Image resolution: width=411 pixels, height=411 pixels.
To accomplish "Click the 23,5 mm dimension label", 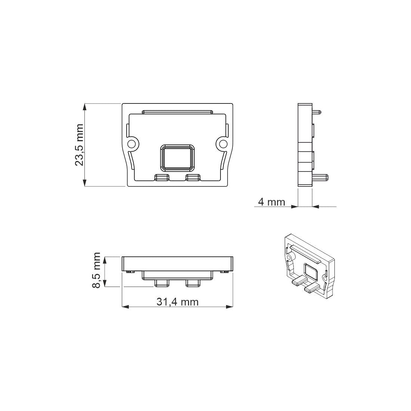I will click(x=79, y=145).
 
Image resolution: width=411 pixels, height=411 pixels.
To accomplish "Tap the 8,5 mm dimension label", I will click(x=97, y=270).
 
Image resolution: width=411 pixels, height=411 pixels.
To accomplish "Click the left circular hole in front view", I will click(x=132, y=144).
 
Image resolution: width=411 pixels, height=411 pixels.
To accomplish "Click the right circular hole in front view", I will click(x=223, y=144).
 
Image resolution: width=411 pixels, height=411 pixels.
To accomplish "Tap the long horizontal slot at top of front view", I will click(x=177, y=112).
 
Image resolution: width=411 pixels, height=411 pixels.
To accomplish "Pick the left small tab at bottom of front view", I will click(x=162, y=177).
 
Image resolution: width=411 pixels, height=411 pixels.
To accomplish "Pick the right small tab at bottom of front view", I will click(x=193, y=177).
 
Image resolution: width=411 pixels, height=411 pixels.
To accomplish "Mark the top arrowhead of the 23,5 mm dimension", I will click(x=85, y=107).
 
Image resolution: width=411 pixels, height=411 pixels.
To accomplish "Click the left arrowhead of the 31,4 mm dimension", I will click(x=126, y=307).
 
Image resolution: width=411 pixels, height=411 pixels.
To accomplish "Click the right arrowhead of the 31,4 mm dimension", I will click(x=229, y=307).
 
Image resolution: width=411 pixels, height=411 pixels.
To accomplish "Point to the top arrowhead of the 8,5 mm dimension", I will click(x=106, y=260).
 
